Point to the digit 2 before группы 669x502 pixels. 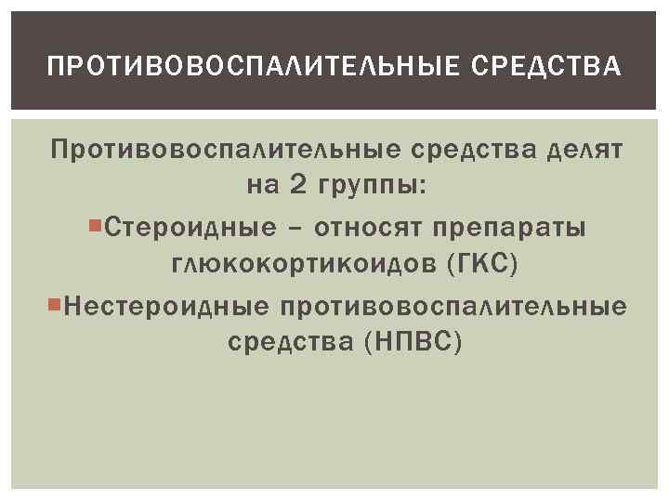pyautogui.click(x=296, y=186)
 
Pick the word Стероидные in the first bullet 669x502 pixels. pyautogui.click(x=191, y=226)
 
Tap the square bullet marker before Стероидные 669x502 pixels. pyautogui.click(x=99, y=224)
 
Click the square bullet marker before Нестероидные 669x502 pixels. pyautogui.click(x=55, y=302)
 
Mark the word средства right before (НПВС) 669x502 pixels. pyautogui.click(x=283, y=343)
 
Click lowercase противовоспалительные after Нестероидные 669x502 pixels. pyautogui.click(x=454, y=304)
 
